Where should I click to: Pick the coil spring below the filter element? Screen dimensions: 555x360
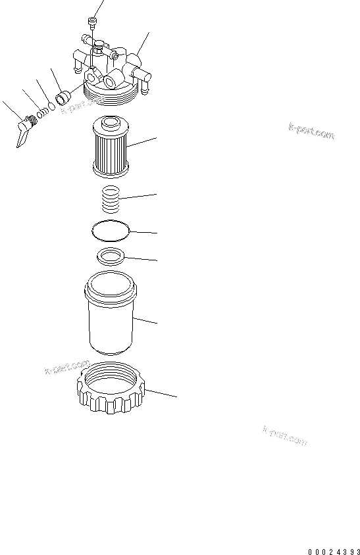click(111, 198)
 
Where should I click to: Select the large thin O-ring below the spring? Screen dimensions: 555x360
click(111, 231)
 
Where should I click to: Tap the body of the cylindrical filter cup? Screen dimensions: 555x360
click(111, 322)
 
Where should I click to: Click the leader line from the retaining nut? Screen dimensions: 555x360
click(161, 393)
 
